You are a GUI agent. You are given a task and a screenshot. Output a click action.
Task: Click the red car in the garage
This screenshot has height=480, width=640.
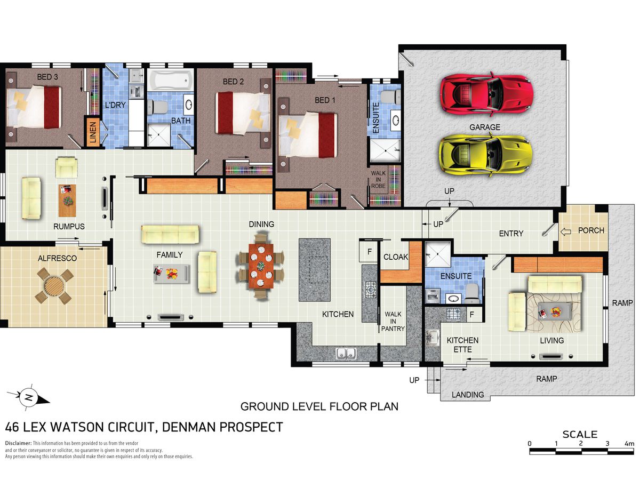tap(486, 94)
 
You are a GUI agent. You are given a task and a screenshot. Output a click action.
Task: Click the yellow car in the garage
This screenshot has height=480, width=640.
tap(485, 154)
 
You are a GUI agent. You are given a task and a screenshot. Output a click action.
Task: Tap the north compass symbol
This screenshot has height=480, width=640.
tap(28, 397)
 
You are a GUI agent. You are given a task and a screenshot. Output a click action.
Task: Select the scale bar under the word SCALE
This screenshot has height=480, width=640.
tap(581, 451)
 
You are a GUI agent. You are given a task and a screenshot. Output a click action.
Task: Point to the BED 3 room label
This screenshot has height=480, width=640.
tap(47, 77)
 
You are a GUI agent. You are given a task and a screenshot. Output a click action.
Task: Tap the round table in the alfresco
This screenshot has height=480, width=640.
tap(53, 286)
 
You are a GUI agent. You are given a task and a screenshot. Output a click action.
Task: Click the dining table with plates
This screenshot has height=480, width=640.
tap(261, 266)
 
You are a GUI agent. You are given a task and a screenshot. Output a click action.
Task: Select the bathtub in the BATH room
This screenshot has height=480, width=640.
tap(170, 80)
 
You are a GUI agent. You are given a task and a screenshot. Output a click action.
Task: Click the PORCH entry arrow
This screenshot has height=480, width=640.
tap(566, 231)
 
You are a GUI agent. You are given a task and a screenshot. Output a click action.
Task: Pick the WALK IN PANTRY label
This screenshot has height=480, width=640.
tap(393, 321)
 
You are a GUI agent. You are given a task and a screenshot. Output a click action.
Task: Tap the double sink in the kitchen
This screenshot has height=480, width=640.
tap(346, 354)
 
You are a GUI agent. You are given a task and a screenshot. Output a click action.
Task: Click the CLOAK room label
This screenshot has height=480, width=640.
tap(395, 257)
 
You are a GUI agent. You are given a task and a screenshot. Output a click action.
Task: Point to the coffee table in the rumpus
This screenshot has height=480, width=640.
tap(67, 200)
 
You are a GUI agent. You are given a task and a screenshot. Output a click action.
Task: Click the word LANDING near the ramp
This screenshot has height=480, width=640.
tap(468, 395)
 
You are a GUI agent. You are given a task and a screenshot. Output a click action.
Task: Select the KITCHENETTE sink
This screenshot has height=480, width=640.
tap(432, 338)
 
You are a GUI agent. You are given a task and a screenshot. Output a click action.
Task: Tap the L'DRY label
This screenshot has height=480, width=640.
tap(115, 105)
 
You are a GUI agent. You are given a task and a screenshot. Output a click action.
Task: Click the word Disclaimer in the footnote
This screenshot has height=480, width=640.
tap(18, 443)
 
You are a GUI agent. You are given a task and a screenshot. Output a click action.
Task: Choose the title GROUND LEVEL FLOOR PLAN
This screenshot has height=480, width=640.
tap(319, 406)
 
